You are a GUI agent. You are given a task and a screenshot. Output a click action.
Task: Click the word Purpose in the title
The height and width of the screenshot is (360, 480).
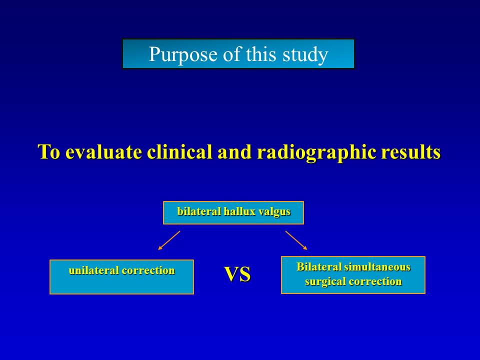[x=183, y=54]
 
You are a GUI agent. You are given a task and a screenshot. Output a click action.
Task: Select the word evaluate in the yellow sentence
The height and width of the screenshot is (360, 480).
[x=104, y=151]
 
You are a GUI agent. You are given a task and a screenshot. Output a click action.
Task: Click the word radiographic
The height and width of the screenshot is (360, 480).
[x=316, y=152]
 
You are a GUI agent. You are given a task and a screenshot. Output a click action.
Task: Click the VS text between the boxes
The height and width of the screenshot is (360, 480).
[x=237, y=274]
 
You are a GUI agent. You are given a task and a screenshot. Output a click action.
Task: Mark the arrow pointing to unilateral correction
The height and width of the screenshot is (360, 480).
[x=169, y=240]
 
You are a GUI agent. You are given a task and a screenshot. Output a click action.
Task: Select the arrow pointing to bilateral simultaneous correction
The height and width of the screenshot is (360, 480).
[x=296, y=240]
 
